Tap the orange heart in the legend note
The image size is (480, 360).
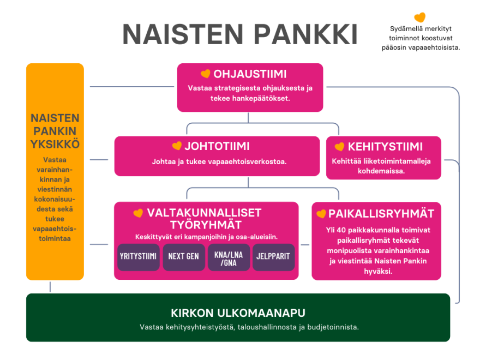click(419, 17)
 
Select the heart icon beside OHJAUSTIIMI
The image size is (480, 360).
click(205, 74)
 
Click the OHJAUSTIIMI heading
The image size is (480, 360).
click(250, 74)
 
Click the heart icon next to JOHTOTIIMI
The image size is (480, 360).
click(176, 146)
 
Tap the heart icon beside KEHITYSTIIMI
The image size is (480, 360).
click(339, 147)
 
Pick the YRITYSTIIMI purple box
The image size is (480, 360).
click(139, 256)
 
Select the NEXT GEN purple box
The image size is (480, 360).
click(184, 256)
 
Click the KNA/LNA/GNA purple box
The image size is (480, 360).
click(229, 257)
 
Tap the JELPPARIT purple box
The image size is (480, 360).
click(273, 256)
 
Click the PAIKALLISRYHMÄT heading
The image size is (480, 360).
click(381, 213)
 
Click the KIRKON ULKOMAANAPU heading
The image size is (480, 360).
click(238, 313)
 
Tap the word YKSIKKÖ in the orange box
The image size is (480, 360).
click(55, 144)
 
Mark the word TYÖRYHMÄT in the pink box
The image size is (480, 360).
click(206, 224)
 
